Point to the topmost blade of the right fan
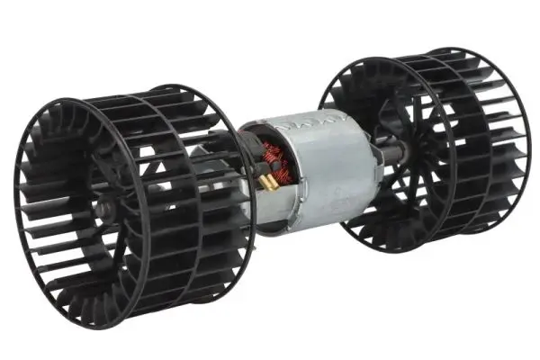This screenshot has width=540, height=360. coord(423,56)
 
